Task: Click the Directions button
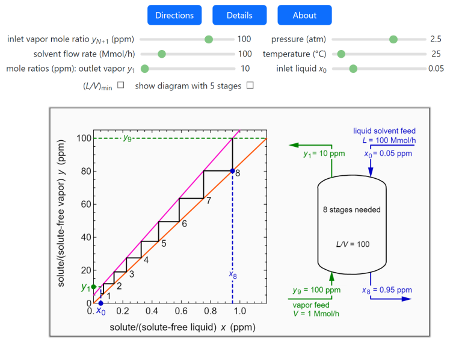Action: (x=174, y=15)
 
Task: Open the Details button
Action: (x=239, y=15)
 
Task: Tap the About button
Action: (x=304, y=15)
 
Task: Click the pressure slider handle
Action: (x=393, y=39)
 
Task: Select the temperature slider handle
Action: (x=341, y=54)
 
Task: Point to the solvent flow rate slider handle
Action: (x=162, y=54)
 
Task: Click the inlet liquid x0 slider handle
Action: (x=353, y=68)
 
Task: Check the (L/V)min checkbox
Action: (x=120, y=85)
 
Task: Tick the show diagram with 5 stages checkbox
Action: (x=250, y=85)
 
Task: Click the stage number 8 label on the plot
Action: (x=238, y=173)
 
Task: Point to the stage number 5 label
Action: (x=164, y=243)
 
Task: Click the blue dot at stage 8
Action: (x=232, y=171)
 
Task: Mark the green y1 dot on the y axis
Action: (x=93, y=287)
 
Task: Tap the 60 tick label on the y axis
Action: (x=84, y=204)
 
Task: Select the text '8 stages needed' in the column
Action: (x=352, y=209)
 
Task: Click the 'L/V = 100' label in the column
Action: (x=353, y=244)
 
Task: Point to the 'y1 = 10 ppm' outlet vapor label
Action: (x=324, y=154)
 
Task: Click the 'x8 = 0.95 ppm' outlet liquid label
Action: (x=387, y=290)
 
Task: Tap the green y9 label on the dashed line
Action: (x=127, y=139)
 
